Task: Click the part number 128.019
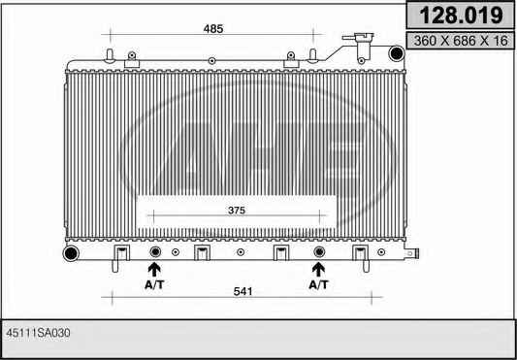point(462,16)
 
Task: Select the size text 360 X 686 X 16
point(461,41)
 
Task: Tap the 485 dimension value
point(213,29)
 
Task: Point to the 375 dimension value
point(237,211)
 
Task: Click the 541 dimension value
point(242,292)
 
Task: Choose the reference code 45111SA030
point(38,333)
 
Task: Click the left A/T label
point(154,284)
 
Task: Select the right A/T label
point(318,284)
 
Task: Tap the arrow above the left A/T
point(154,269)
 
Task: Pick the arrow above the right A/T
point(318,269)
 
